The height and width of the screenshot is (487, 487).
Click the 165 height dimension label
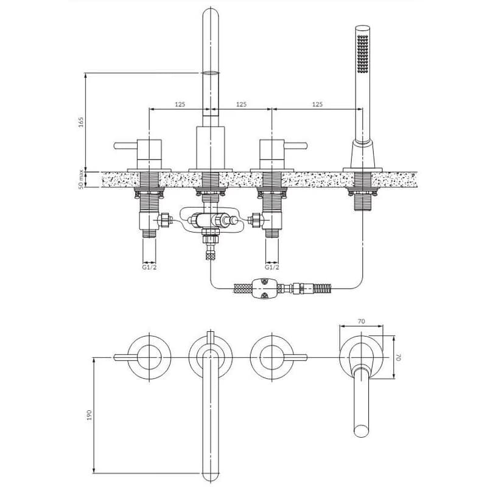coord(81,122)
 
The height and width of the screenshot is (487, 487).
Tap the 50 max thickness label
coord(81,179)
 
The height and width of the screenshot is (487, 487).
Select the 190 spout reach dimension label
coord(89,415)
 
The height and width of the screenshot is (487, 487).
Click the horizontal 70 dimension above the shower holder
coord(361,321)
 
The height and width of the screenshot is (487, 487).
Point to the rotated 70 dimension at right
coord(399,357)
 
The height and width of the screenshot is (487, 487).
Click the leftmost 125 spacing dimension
coord(180,104)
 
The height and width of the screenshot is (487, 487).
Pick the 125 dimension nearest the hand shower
coord(317,104)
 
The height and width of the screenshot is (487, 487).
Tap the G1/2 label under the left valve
coord(149,267)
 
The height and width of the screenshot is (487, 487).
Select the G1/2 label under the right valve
coord(272,267)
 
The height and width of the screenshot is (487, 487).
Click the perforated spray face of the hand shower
coord(362,54)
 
